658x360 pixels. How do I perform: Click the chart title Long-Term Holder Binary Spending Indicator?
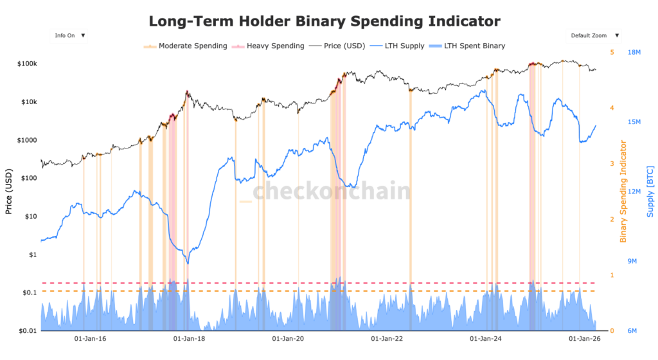pos(324,21)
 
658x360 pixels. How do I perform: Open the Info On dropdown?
pos(69,36)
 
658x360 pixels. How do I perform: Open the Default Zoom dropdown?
pos(593,36)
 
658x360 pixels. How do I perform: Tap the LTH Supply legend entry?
pos(409,46)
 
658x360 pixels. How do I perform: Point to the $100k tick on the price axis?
pos(27,64)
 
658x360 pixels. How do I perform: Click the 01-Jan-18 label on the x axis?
pos(191,338)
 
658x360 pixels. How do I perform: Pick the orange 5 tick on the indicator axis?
pos(612,53)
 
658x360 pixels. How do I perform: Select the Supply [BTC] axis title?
pos(650,191)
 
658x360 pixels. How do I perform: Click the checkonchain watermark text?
pos(330,191)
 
